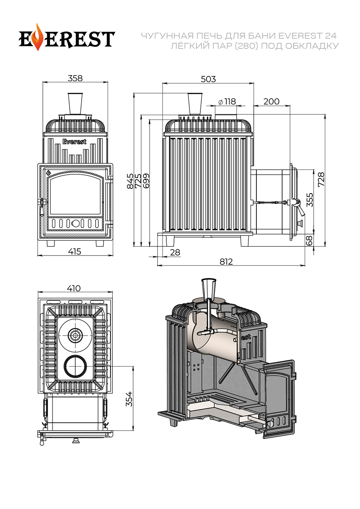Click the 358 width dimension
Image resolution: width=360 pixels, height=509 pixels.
[75, 78]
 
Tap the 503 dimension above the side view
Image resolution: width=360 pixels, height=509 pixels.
[208, 79]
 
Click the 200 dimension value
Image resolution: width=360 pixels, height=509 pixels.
[272, 102]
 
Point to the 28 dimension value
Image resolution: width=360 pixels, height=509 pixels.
[175, 252]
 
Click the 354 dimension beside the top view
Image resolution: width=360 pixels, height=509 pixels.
[129, 399]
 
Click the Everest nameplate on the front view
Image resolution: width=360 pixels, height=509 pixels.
[74, 142]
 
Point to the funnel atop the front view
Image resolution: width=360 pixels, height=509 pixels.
[75, 103]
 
